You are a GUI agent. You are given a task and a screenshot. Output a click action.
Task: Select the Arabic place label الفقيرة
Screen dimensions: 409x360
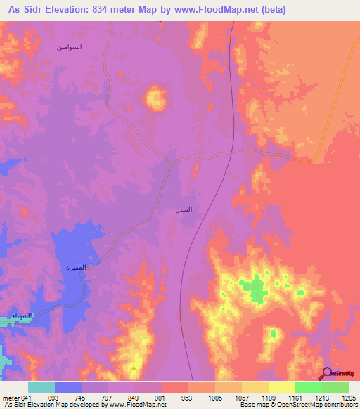coord(75,268)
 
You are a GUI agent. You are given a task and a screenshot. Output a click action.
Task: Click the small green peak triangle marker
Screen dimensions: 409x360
coord(134,368)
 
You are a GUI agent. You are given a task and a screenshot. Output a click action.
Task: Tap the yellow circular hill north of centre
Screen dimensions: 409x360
coord(154,98)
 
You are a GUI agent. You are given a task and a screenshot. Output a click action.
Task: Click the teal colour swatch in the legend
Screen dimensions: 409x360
coord(41,387)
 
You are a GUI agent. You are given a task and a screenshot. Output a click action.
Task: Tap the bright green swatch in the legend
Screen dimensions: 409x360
coord(308,387)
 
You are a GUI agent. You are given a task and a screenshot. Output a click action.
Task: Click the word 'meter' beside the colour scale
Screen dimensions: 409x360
coord(10,397)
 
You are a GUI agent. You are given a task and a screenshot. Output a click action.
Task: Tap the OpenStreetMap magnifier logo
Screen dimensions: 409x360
coord(327,374)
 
